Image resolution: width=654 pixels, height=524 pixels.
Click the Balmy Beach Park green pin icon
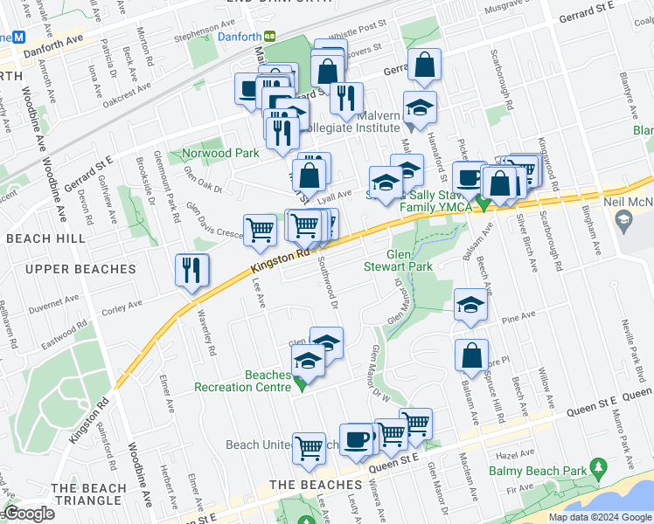(598, 468)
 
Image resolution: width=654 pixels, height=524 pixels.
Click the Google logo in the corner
(29, 514)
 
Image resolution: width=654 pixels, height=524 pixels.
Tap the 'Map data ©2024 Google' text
(600, 517)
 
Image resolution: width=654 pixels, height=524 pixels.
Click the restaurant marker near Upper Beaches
(191, 270)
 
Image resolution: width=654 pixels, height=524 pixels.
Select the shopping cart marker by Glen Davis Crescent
(260, 231)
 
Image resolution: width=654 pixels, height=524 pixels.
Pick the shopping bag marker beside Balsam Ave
(471, 355)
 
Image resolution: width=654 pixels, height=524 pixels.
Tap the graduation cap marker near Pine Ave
(470, 306)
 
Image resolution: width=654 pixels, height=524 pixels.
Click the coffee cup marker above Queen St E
(356, 439)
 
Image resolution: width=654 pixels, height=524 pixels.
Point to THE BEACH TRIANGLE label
(87, 494)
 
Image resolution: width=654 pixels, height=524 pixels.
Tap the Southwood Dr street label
(329, 283)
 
